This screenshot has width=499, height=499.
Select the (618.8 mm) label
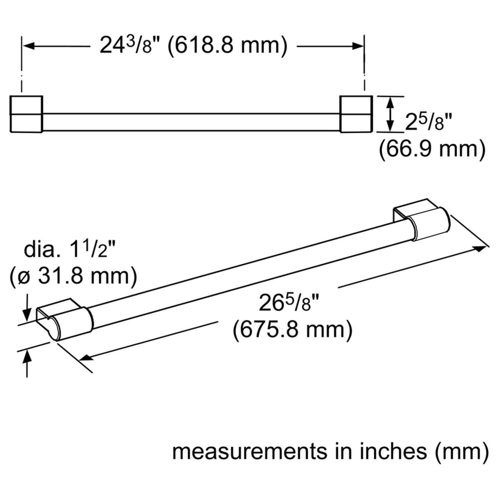[x=227, y=46]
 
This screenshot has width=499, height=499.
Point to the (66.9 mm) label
[x=432, y=149]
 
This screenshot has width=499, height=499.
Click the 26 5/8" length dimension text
[x=289, y=303]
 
